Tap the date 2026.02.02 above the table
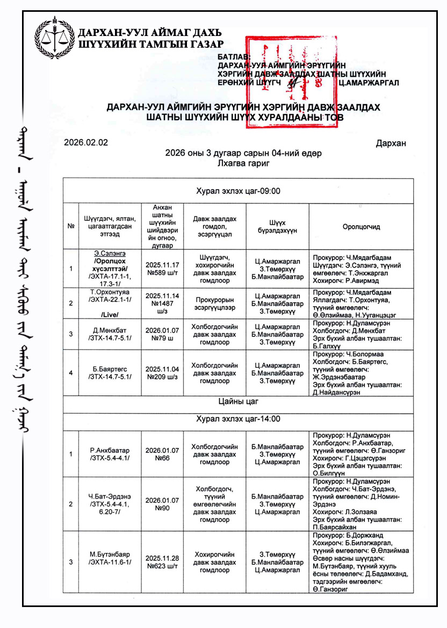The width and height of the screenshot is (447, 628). coord(86,143)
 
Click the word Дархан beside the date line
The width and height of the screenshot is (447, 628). coord(391,143)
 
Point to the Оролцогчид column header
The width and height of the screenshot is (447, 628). coord(361,227)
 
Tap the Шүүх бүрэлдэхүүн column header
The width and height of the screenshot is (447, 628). coord(277,227)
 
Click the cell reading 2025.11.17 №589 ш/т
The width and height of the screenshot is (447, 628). coord(162,269)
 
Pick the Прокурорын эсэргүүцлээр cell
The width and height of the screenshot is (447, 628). coord(215,303)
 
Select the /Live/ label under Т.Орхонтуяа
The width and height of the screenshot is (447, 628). coord(109,315)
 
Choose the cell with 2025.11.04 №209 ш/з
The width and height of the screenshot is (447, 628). coord(162,373)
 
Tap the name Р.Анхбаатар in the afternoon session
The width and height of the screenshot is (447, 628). coord(109,450)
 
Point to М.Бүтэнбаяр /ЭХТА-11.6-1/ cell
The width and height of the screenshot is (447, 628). coord(109,558)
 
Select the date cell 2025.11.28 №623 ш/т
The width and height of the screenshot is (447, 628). coord(162,562)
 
